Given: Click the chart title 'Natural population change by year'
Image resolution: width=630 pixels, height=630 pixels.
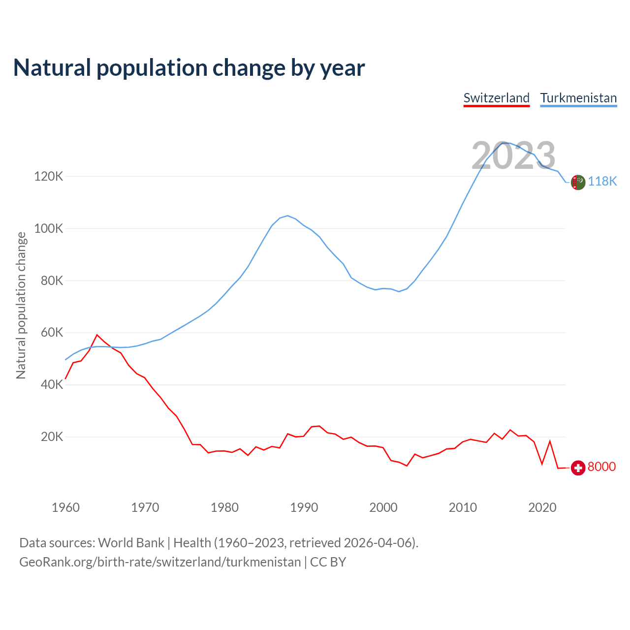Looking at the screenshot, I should click(189, 68).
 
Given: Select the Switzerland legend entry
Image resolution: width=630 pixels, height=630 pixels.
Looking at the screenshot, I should click(496, 98).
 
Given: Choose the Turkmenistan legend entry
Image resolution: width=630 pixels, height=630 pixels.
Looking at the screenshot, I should click(578, 98).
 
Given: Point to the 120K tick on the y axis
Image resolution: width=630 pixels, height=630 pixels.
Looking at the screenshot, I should click(49, 176).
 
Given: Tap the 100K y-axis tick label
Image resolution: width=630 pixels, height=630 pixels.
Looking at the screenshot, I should click(49, 228).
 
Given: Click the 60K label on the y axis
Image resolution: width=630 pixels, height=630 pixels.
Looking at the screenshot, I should click(52, 333).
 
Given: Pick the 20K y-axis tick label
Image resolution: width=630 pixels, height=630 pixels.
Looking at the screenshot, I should click(52, 437).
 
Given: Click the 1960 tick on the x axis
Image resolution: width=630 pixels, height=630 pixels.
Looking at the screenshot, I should click(65, 507).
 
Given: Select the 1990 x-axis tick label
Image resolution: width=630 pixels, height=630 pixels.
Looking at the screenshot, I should click(304, 507).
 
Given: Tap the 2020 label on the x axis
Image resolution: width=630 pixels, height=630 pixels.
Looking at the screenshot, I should click(542, 507).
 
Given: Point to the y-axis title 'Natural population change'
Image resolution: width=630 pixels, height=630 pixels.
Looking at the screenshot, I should click(21, 305).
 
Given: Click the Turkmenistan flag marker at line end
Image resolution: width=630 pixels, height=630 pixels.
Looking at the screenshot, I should click(578, 182).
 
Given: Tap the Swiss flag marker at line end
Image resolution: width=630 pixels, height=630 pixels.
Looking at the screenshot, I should click(578, 468).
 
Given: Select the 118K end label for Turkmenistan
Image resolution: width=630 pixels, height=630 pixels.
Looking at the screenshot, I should click(602, 182).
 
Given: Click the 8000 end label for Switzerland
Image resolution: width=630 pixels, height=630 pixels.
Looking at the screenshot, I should click(601, 467).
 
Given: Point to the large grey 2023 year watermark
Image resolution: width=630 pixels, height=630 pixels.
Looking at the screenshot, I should click(513, 156).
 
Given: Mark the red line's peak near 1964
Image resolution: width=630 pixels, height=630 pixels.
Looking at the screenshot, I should click(97, 335).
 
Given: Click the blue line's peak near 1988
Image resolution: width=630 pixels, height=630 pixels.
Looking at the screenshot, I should click(287, 216).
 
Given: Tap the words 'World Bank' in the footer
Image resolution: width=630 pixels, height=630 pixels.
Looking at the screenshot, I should click(131, 543).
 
